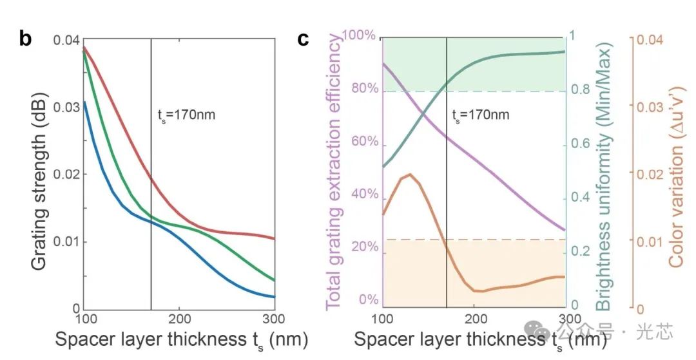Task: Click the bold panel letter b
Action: (25, 39)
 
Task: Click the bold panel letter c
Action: (304, 40)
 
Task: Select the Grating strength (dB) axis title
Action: (38, 175)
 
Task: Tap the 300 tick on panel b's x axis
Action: (275, 319)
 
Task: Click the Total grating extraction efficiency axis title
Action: (336, 173)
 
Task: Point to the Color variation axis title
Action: (677, 174)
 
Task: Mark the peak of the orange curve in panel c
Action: (410, 175)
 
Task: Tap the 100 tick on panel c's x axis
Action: (383, 319)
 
